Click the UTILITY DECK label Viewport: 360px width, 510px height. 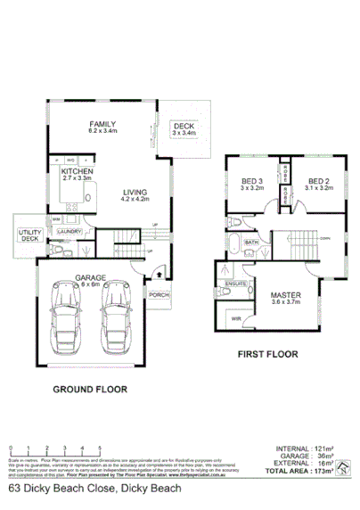pos(29,235)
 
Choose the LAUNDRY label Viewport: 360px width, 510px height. pos(70,232)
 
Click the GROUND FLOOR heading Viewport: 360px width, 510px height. pos(89,389)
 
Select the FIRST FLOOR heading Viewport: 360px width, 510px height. pos(266,354)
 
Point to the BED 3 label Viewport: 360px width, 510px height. pos(250,183)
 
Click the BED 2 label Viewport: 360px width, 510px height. pos(318,183)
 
